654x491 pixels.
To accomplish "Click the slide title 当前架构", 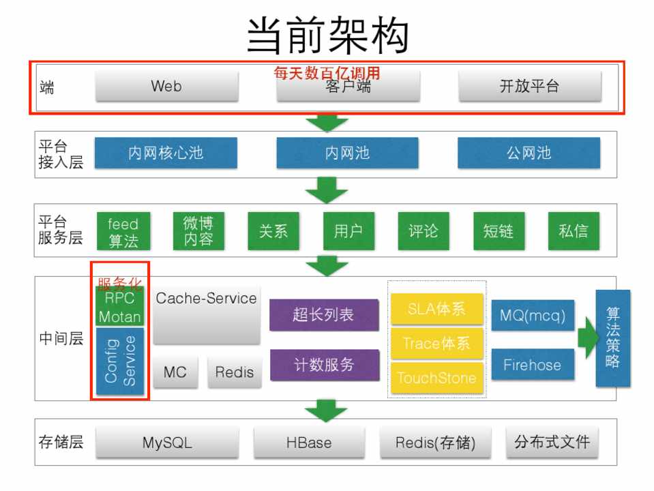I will (x=327, y=35).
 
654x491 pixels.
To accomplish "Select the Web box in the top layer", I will (x=166, y=87).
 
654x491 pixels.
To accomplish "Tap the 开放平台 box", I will (x=529, y=87).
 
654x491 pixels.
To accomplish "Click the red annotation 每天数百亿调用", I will (x=327, y=73).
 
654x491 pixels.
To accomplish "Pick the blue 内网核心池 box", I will (x=166, y=153).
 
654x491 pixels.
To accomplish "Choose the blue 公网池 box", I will (x=529, y=153).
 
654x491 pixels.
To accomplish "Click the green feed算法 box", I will (x=123, y=232).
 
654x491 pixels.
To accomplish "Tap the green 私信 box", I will (x=573, y=231).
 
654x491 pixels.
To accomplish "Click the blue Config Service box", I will (x=120, y=359).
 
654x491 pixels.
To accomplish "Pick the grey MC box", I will (x=175, y=372).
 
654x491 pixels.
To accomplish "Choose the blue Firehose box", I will (x=532, y=365).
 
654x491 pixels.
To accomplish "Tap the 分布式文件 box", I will (x=552, y=442).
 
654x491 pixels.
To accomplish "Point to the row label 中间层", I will (x=61, y=338).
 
